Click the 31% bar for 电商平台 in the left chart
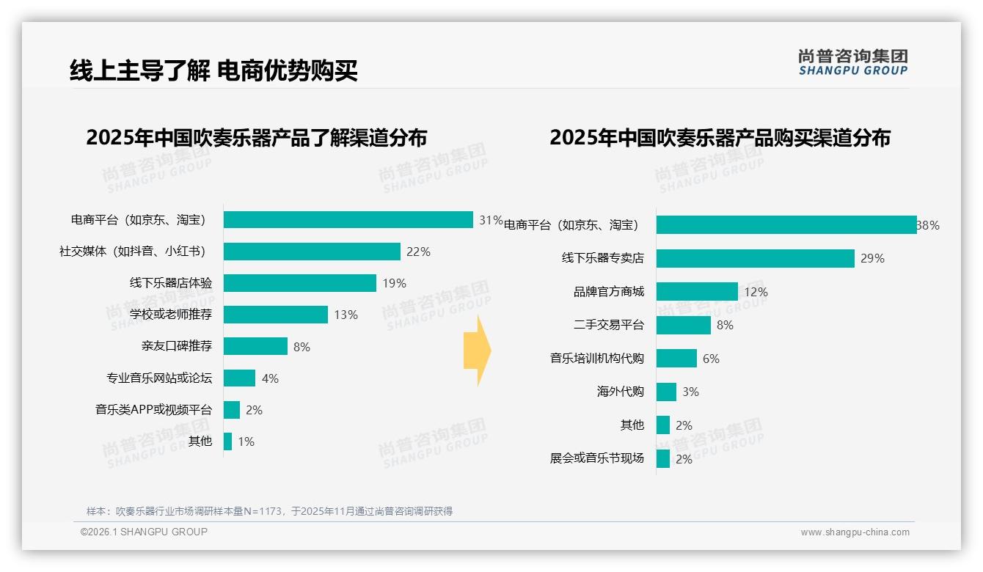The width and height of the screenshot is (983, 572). [x=348, y=220]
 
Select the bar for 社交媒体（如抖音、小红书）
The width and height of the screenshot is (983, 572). [x=312, y=252]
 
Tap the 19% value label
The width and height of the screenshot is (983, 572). [x=394, y=284]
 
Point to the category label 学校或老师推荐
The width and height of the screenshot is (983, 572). [x=171, y=315]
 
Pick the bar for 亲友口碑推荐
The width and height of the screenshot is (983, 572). [x=255, y=346]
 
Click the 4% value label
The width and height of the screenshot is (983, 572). [x=270, y=378]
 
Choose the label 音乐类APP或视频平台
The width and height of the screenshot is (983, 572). [x=153, y=409]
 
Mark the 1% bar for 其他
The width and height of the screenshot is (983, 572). [x=227, y=441]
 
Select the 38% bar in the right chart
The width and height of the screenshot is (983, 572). [x=786, y=225]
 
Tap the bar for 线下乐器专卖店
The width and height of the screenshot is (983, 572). [x=755, y=258]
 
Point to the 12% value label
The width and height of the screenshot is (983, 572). [x=756, y=292]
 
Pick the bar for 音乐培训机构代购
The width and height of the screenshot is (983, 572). [x=676, y=359]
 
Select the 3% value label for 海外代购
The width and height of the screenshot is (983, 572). [x=690, y=392]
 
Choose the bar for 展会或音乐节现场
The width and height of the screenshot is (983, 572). [x=663, y=459]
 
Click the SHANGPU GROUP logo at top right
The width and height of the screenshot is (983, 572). [x=852, y=62]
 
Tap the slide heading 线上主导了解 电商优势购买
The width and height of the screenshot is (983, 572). [x=213, y=70]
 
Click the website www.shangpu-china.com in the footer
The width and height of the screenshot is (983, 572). [x=855, y=532]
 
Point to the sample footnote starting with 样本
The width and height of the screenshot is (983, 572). [x=269, y=511]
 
